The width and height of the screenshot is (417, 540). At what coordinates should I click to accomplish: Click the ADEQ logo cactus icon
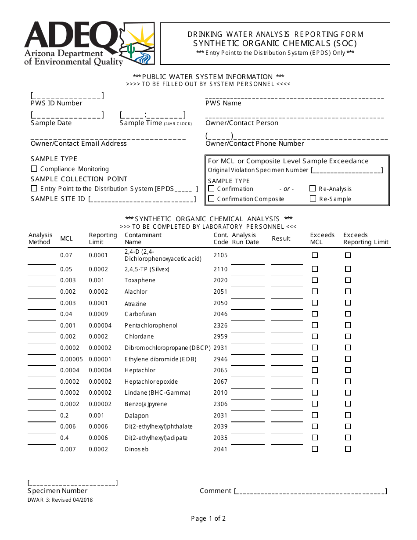pos(130,51)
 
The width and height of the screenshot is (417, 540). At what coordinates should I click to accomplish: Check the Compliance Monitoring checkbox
pos(34,169)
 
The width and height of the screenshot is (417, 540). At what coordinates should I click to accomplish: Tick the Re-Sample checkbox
pos(313,198)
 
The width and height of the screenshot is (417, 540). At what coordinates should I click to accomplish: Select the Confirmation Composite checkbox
pos(211,198)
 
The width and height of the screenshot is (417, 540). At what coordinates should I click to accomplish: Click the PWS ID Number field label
pos(56,103)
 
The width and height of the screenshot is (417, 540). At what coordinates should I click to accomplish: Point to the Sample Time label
pos(140,123)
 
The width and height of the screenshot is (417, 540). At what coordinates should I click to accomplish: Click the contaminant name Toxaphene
pos(140,280)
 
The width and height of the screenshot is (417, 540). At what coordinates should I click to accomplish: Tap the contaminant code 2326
pos(220,325)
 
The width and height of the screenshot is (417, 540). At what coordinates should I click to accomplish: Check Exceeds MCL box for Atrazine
pos(315,303)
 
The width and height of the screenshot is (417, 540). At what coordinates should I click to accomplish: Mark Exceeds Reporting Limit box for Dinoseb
pos(348,449)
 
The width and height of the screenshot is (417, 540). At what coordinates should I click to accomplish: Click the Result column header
pos(281,238)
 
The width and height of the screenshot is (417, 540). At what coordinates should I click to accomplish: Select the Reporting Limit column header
pos(103,238)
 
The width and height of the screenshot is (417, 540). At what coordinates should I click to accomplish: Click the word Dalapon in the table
pos(137,416)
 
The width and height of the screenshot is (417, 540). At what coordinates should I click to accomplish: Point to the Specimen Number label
pos(58,491)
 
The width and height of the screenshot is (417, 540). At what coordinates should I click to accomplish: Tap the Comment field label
pos(215,491)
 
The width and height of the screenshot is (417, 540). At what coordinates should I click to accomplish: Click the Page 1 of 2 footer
pos(208,518)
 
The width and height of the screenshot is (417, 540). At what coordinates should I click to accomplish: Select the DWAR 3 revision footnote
pos(60,500)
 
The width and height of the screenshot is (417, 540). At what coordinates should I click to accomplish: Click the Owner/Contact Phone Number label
pos(255,144)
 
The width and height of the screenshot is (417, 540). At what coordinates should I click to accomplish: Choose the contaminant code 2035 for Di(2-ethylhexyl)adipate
pos(220,438)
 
